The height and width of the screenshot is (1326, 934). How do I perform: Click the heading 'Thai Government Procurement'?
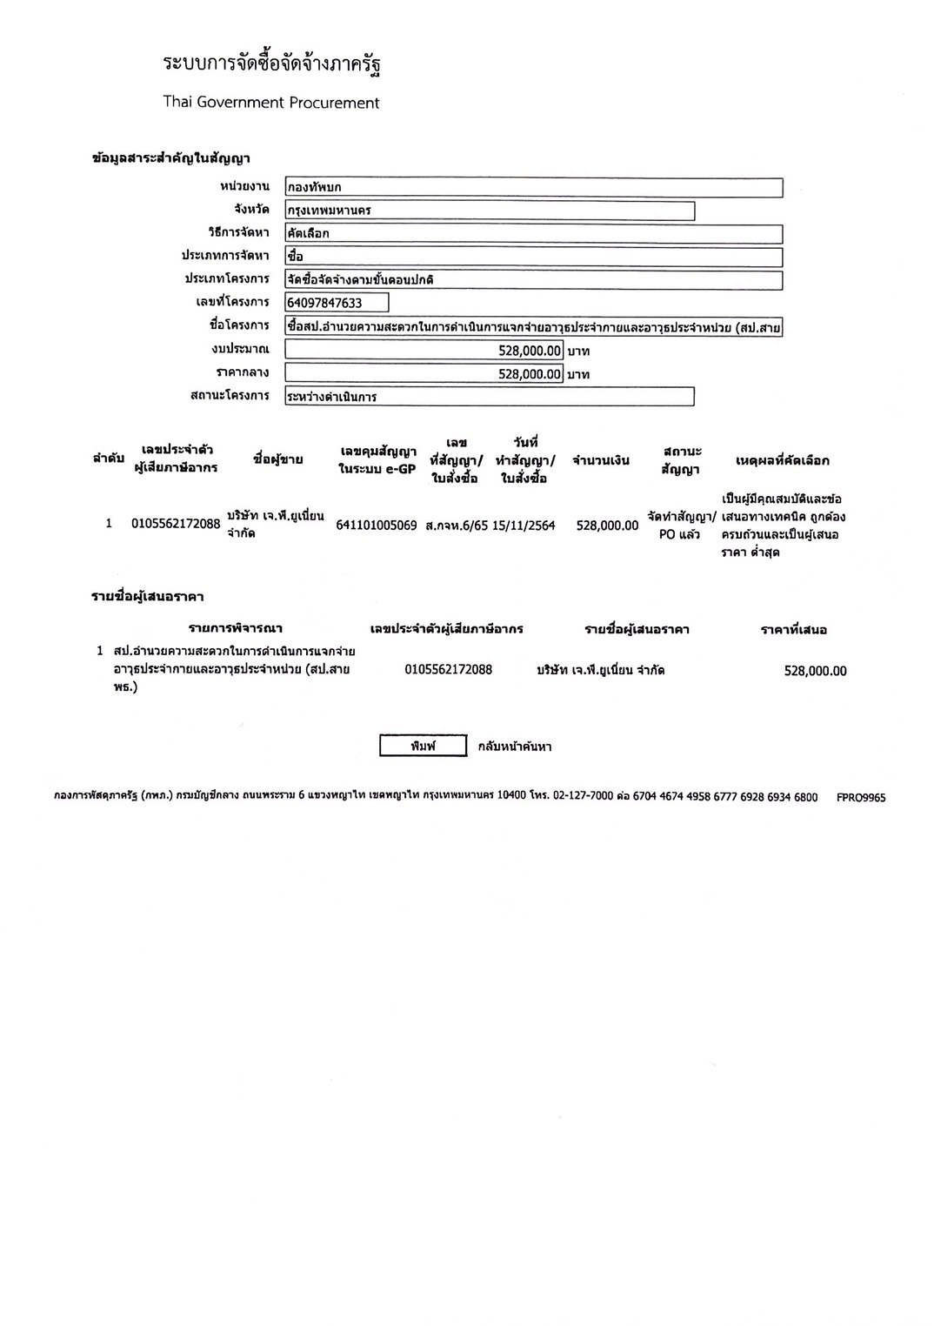pos(271,103)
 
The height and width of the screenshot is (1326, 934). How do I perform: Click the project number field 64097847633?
pos(337,303)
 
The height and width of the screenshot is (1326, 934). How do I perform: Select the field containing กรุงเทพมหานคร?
pos(490,211)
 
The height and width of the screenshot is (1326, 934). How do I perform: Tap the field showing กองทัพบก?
pos(533,187)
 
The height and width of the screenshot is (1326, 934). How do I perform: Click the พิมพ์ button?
pos(423,747)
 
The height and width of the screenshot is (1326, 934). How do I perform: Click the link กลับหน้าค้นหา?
pos(515,747)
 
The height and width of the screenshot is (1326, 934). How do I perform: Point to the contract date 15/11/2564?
pos(524,526)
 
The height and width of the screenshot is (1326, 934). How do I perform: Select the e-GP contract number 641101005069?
pos(377,526)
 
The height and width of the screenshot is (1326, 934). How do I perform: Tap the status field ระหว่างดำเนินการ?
pos(490,397)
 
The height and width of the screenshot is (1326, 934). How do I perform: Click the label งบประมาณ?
pos(240,349)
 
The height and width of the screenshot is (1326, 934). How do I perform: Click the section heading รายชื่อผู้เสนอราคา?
pos(148,597)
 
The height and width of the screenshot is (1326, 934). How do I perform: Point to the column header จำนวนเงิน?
pos(601,460)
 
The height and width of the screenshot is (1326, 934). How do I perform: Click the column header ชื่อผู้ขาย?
pos(278,459)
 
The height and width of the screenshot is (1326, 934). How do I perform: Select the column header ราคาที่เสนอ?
pos(793,629)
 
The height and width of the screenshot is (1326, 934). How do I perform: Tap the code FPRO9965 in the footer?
pos(861,797)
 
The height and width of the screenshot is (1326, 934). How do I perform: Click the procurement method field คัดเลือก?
pos(533,234)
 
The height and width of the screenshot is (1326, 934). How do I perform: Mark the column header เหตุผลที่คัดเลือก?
pos(783,460)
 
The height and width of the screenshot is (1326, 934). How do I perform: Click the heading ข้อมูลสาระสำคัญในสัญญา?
pos(171,158)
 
